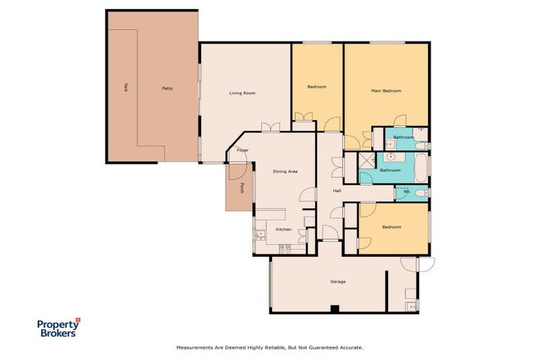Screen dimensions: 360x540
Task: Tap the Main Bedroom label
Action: tap(386, 91)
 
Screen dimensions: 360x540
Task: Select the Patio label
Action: tap(167, 89)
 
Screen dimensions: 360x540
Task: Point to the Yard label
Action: tap(126, 88)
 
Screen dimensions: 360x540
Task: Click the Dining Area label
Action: tap(285, 171)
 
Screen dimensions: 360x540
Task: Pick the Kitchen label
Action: tap(283, 229)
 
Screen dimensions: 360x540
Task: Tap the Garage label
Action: tap(338, 281)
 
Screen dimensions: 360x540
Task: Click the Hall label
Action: tap(337, 191)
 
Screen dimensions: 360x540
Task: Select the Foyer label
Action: tap(243, 150)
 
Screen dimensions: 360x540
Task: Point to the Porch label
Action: tap(242, 188)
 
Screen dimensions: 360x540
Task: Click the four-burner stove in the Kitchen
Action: tap(285, 247)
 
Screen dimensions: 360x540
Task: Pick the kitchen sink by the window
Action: tap(259, 235)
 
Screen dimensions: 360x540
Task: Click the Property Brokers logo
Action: tap(59, 327)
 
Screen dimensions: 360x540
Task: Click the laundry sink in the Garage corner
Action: tap(411, 305)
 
